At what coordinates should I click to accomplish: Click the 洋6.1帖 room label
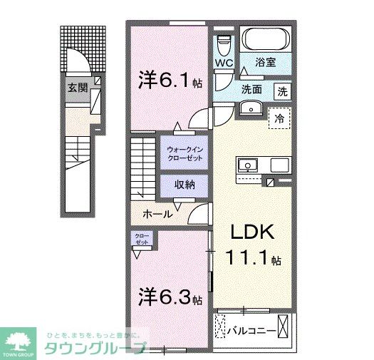tap(171, 81)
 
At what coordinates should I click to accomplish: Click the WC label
tap(224, 63)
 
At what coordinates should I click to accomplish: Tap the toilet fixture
tap(224, 43)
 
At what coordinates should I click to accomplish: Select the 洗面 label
tap(251, 90)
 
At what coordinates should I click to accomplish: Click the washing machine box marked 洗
tap(283, 91)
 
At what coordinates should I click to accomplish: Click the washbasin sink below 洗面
tap(250, 108)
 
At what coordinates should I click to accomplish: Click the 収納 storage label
tap(185, 185)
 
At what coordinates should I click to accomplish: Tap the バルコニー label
tap(251, 331)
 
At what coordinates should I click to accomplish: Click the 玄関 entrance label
tap(78, 88)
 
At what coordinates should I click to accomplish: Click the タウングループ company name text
tap(96, 348)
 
